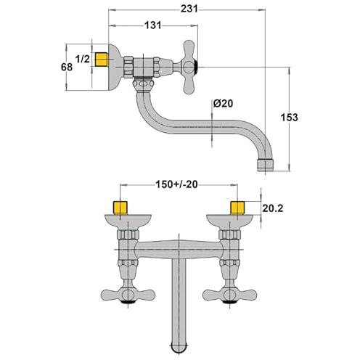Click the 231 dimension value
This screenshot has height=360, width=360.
coord(189,9)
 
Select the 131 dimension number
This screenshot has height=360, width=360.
coord(152,25)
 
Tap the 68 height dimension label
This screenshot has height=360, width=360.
coord(67,67)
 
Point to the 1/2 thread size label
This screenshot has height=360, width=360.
coord(83,59)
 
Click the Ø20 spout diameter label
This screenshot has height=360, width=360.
coord(223,104)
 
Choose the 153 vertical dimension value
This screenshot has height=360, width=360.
coord(289,118)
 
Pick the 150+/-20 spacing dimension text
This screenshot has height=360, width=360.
coord(176,184)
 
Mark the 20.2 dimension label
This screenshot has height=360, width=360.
coord(273,208)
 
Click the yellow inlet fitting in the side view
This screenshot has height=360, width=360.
coord(102,60)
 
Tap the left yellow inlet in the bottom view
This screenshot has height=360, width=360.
coord(120,208)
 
